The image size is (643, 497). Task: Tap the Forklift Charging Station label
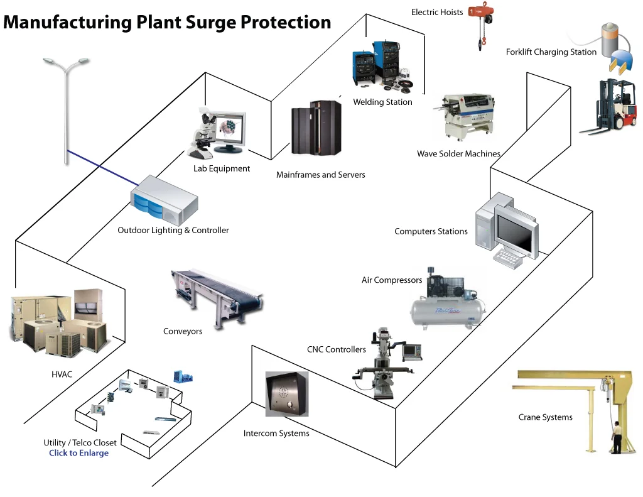(x=551, y=52)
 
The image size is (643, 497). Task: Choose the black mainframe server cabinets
(x=316, y=129)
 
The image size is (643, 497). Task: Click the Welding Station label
(x=382, y=102)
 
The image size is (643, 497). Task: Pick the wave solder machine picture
(x=464, y=116)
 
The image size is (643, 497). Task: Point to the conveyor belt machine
(x=217, y=295)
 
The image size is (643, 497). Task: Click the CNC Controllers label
(x=336, y=349)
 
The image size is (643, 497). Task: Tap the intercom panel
(x=287, y=394)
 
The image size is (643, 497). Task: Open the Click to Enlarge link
(x=79, y=453)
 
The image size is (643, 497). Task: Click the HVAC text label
(x=62, y=374)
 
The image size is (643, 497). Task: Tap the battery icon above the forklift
(x=609, y=39)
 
